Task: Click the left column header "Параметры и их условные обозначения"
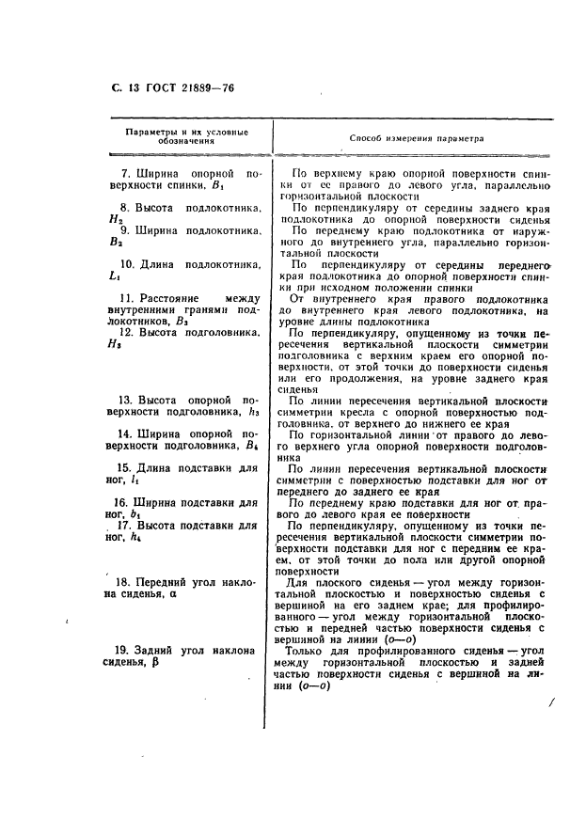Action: [187, 135]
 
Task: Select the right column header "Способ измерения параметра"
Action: [416, 137]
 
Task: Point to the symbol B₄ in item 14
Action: [251, 446]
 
